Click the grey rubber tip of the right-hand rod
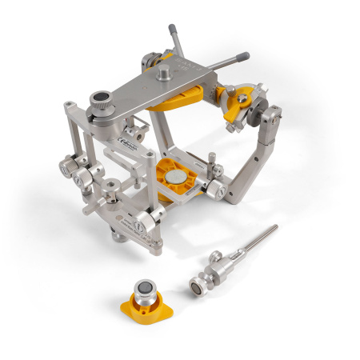coord(242,58)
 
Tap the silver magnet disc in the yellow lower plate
coord(173,178)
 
